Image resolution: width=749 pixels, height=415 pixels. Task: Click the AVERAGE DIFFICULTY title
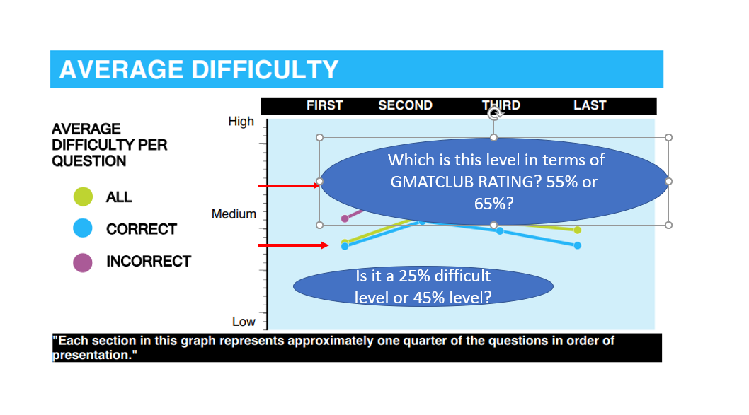coord(198,70)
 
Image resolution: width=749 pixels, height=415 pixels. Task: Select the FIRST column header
coord(324,105)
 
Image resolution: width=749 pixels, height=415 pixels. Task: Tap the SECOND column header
coord(405,105)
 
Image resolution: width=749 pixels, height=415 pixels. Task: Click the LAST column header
coord(590,105)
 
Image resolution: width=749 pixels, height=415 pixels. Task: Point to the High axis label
coord(241,122)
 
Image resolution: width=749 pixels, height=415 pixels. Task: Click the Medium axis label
coord(234,214)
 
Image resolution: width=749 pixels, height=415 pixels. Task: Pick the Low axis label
coord(244,322)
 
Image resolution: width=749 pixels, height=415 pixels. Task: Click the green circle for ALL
coord(83,197)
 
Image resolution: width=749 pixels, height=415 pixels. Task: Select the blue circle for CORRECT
coord(83,228)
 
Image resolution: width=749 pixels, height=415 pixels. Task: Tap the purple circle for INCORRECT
coord(83,262)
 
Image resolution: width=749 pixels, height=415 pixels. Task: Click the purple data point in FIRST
coord(345,218)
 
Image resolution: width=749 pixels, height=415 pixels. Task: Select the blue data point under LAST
coord(578,245)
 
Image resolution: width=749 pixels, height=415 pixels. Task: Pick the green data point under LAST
coord(578,230)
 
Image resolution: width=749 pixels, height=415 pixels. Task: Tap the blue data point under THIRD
coord(500,231)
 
